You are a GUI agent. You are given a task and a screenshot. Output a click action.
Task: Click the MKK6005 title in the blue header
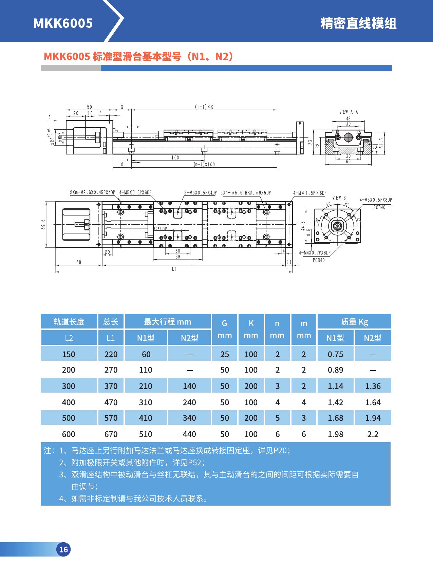(x=63, y=23)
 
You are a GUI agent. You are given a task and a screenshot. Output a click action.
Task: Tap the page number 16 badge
(x=63, y=549)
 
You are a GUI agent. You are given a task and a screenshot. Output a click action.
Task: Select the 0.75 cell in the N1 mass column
(x=335, y=354)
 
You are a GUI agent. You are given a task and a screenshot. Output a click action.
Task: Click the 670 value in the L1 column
(x=111, y=434)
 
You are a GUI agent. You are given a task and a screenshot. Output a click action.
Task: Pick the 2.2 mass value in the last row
(x=373, y=434)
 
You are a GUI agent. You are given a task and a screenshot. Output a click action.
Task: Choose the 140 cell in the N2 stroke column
(x=189, y=386)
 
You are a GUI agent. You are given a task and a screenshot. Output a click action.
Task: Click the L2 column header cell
(x=69, y=338)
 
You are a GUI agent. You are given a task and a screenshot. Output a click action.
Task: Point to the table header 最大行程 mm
(x=168, y=322)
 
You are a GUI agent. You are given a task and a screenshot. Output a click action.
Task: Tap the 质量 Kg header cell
(x=354, y=322)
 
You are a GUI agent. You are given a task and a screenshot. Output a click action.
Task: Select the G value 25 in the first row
(x=225, y=354)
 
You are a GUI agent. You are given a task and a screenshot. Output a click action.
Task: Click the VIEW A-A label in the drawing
(x=349, y=112)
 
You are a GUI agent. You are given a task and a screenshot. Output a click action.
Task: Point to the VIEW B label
(x=339, y=198)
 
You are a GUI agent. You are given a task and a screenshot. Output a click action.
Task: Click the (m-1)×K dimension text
(x=204, y=107)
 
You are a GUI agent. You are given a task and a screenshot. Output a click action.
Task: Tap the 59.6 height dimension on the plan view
(x=43, y=224)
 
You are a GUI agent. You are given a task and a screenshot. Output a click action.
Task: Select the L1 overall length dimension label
(x=174, y=269)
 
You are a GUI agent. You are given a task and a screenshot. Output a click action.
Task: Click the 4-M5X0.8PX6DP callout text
(x=135, y=193)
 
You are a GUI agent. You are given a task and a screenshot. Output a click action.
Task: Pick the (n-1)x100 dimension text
(x=204, y=165)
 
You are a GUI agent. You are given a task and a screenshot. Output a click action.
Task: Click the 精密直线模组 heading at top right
(x=358, y=23)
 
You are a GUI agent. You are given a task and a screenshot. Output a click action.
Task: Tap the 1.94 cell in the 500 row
(x=373, y=418)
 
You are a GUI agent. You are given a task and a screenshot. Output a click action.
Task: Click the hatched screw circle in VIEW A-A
(x=349, y=137)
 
